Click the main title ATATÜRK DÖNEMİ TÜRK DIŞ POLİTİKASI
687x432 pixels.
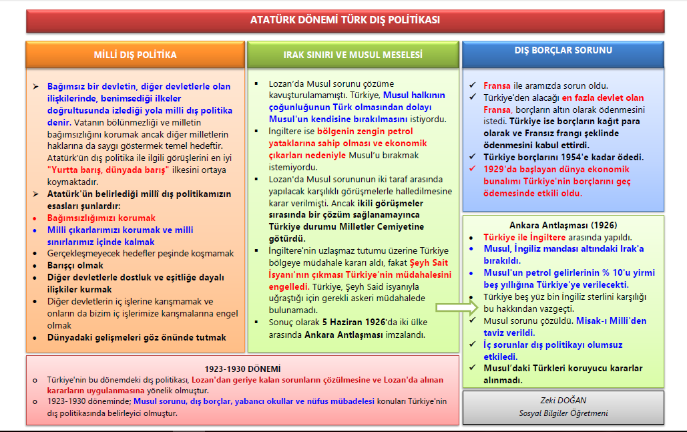[345, 20]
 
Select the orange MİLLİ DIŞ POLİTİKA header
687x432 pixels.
[136, 55]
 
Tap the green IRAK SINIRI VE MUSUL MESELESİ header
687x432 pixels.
[353, 55]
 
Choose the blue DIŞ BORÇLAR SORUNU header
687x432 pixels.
[563, 50]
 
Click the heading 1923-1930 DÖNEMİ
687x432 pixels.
[242, 369]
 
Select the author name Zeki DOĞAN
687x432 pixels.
[563, 401]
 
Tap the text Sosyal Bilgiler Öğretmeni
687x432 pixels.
[563, 413]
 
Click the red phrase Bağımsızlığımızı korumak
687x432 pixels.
[101, 218]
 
